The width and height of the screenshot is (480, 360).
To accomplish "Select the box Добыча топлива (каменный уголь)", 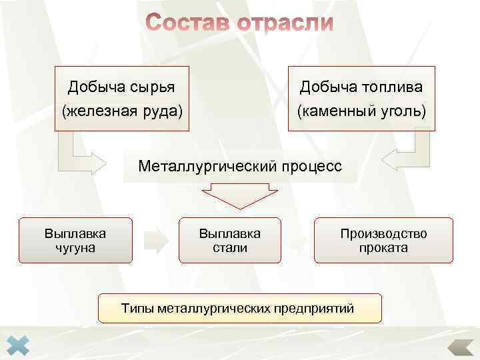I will pyautogui.click(x=361, y=98).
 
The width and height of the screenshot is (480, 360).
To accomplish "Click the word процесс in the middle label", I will pyautogui.click(x=310, y=165).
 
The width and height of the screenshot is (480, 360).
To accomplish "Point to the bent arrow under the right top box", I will pyautogui.click(x=407, y=157).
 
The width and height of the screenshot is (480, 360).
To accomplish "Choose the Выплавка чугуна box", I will pyautogui.click(x=75, y=240).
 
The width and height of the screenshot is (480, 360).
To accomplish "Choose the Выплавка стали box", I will pyautogui.click(x=229, y=240).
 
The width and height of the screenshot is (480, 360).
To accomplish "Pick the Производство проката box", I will pyautogui.click(x=383, y=240).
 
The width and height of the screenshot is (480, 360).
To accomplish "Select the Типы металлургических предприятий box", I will pyautogui.click(x=240, y=308).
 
